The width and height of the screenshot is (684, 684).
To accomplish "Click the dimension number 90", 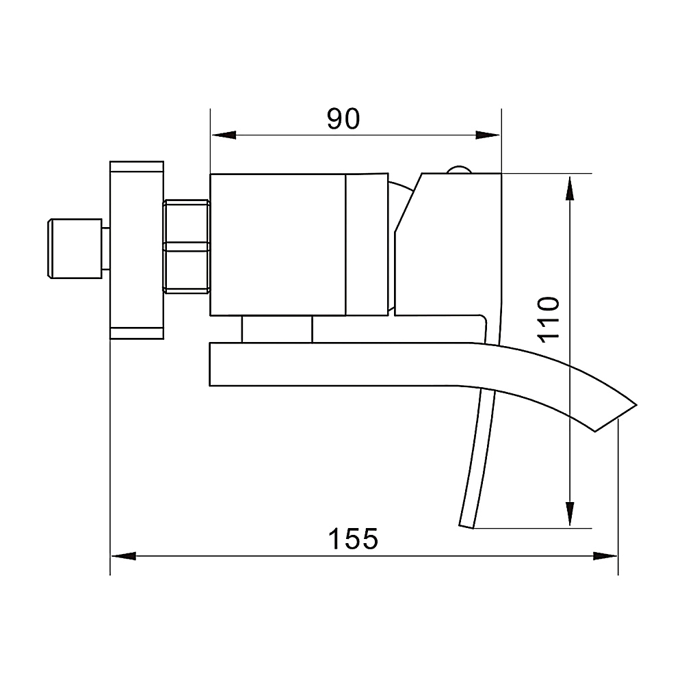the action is (343, 118).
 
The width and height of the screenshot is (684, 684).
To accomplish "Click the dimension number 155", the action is (353, 539).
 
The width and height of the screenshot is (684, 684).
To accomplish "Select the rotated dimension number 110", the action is (548, 319).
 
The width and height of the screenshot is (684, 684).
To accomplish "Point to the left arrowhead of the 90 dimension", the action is (224, 135).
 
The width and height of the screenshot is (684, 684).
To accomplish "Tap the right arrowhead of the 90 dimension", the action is (488, 135).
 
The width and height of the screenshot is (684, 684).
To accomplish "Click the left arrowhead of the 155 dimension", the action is (123, 556).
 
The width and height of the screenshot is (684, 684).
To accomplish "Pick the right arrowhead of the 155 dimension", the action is (605, 556).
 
